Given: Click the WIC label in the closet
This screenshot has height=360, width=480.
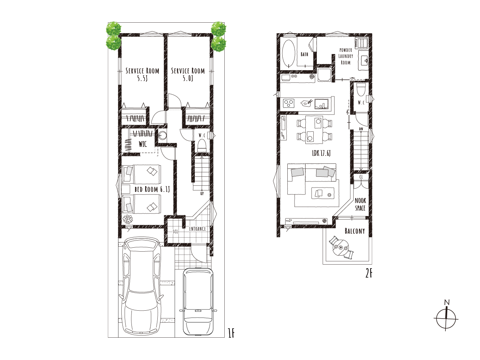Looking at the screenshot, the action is click(143, 144).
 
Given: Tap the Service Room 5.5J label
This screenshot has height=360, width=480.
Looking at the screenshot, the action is click(142, 74).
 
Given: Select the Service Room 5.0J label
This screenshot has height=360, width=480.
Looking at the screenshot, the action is click(188, 74).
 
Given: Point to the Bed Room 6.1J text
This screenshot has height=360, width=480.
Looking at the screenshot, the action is click(152, 189).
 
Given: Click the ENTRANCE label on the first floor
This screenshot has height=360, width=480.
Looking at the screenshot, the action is click(197, 229).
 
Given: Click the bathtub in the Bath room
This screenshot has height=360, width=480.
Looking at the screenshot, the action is click(289, 54).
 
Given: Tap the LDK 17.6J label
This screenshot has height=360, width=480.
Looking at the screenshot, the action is click(321, 153).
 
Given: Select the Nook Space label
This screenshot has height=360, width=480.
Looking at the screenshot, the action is click(360, 204).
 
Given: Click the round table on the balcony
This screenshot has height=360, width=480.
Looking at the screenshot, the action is click(341, 248).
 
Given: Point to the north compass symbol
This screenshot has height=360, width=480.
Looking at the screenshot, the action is click(446, 319).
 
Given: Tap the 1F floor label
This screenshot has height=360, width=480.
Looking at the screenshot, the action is click(231, 333).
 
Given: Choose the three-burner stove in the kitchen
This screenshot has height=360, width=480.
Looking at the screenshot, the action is click(289, 103).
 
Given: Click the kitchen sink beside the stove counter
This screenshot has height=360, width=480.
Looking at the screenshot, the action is click(322, 104).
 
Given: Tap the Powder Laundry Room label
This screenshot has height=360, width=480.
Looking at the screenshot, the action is click(346, 57).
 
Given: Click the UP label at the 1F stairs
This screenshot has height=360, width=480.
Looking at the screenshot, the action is click(202, 193).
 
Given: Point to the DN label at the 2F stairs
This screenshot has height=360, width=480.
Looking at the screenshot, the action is click(361, 129).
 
